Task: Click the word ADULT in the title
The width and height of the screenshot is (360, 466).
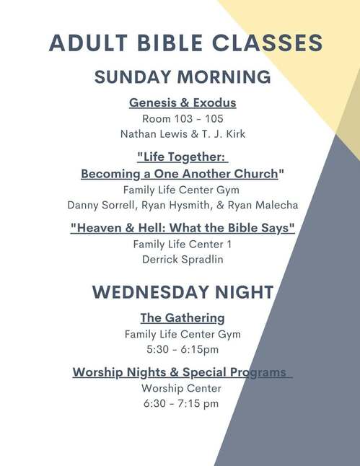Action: coord(88,43)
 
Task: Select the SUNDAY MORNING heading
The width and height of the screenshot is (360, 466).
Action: coord(183,77)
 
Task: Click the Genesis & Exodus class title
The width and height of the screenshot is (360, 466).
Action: coord(183,103)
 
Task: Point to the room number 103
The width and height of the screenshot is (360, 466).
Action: coord(183,119)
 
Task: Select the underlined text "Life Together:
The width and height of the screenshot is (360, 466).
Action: coord(183,157)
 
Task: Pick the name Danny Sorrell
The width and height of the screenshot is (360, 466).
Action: coord(100,206)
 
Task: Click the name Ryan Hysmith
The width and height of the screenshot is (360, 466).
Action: coord(175,206)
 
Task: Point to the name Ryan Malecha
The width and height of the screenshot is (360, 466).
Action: coord(263,206)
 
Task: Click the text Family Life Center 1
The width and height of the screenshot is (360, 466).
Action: coord(183,245)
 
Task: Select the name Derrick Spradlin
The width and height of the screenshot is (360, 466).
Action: coord(183,260)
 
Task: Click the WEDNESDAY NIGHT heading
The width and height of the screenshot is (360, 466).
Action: coord(183,292)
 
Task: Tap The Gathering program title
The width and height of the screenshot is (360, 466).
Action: coord(183,318)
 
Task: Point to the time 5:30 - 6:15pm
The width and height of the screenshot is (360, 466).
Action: coord(183,349)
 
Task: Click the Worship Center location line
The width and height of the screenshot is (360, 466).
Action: coord(181,388)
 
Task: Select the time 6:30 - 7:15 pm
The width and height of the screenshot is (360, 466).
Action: coord(181,403)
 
